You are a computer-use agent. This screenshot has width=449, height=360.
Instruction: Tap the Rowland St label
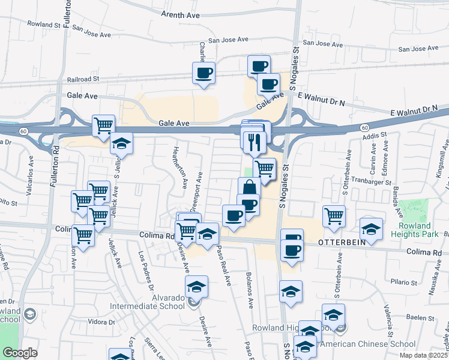tap(44, 25)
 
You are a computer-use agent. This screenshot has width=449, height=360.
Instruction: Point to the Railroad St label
tap(83, 79)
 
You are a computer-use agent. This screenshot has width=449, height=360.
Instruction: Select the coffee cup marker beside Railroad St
tap(203, 73)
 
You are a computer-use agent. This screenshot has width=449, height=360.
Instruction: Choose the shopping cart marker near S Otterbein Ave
tap(334, 216)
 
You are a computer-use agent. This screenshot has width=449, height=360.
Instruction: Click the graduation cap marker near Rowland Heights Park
tap(371, 229)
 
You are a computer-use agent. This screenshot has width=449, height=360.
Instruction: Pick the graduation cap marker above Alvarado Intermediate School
tap(196, 287)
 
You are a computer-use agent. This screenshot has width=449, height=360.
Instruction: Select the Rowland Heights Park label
tap(419, 230)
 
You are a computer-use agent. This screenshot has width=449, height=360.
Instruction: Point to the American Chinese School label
tap(367, 344)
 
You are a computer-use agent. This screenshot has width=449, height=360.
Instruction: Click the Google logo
tap(20, 353)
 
